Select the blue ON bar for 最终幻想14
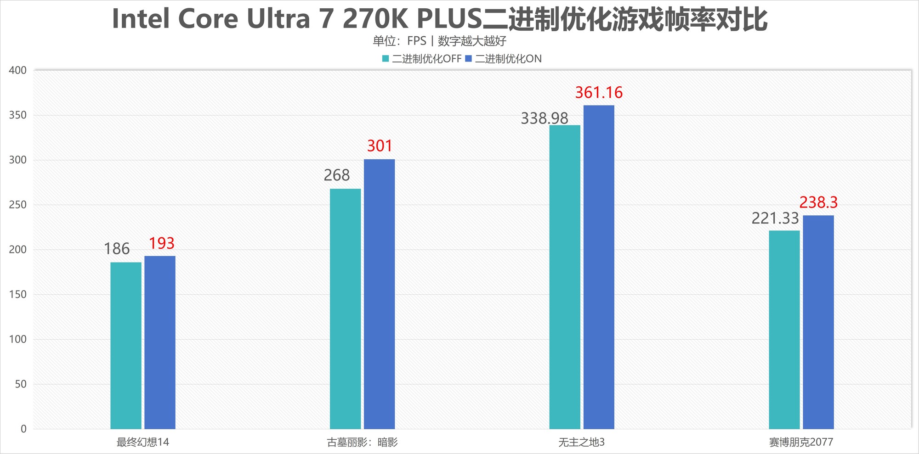coord(160,342)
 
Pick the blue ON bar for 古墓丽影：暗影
coord(379,294)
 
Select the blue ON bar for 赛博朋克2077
coord(818,322)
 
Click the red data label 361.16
coord(599,93)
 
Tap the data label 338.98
coord(545,118)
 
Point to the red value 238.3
coord(818,202)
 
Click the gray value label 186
coord(117,249)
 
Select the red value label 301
coord(380,146)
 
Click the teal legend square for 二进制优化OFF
coord(386,59)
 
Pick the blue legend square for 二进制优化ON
coord(469,59)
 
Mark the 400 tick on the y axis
coord(18,70)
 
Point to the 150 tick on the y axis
coord(18,294)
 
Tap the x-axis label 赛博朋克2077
coord(801,442)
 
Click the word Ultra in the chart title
coord(278,19)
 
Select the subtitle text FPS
coord(417,41)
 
